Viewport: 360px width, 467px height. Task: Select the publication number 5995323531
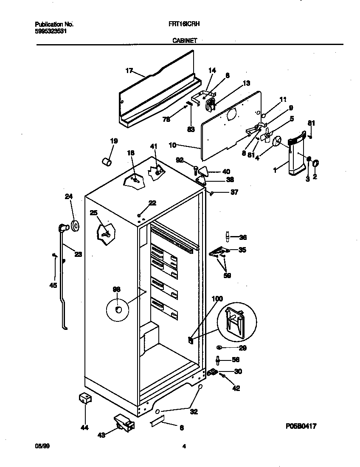[51, 31]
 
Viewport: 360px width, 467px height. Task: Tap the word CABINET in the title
[184, 41]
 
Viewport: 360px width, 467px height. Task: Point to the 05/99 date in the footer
[39, 446]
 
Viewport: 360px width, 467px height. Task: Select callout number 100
[217, 299]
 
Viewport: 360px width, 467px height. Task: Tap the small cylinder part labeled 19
[107, 162]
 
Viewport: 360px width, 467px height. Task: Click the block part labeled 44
[85, 399]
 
